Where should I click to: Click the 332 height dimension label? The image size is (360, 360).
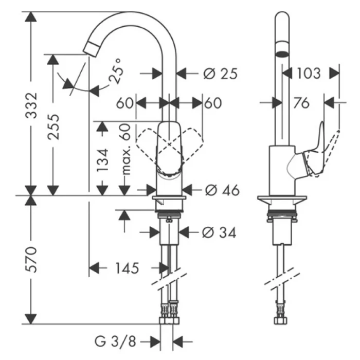click(x=32, y=106)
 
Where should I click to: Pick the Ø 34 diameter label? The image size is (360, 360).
click(x=220, y=232)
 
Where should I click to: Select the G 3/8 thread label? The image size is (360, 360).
click(x=116, y=340)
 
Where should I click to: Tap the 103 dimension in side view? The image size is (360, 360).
click(x=309, y=73)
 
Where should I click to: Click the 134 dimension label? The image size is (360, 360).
click(x=103, y=160)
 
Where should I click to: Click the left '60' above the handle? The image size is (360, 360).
click(x=125, y=103)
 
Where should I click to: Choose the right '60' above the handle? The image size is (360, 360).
click(x=213, y=103)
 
